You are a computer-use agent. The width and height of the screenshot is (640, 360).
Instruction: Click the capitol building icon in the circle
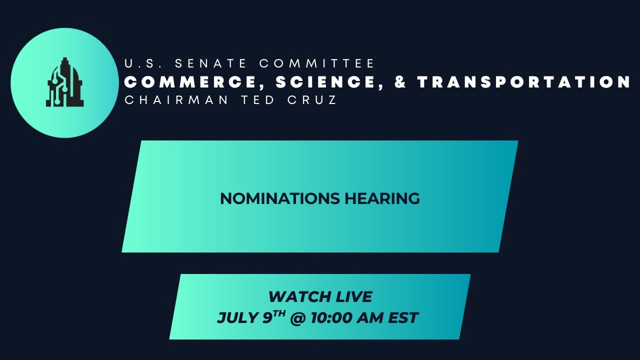click(x=65, y=82)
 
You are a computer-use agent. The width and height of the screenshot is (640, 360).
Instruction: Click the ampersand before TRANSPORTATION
click(x=400, y=82)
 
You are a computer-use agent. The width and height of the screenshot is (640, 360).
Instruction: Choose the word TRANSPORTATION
click(x=524, y=82)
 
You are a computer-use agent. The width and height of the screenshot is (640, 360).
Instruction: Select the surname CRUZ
click(x=313, y=100)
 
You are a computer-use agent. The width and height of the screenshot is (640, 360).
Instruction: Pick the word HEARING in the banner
click(x=382, y=198)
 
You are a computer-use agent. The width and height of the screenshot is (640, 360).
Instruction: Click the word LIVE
click(x=352, y=296)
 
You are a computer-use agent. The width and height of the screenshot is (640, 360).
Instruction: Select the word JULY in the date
click(x=237, y=318)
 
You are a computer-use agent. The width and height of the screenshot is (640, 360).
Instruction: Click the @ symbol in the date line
click(x=297, y=318)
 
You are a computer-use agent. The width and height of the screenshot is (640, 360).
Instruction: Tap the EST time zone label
click(x=404, y=318)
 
